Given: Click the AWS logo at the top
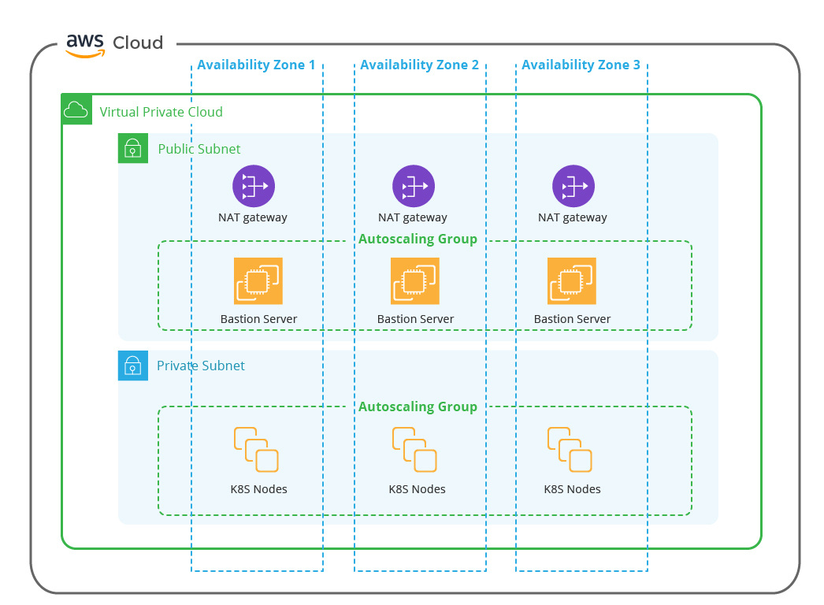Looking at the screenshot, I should pos(85,45).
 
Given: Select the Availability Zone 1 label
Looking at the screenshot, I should pos(256,65).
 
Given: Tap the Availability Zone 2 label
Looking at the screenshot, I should pos(419,65).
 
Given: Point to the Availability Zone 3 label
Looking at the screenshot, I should pos(581,65).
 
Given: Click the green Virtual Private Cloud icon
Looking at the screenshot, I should pos(76,109).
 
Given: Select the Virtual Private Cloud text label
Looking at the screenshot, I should pos(161,112).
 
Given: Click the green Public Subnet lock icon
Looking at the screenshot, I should pos(133,148).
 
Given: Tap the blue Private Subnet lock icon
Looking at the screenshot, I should pos(133,366).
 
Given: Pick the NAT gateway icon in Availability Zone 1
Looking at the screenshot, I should pos(253,187).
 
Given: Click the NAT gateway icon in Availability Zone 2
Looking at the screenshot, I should pos(414,187).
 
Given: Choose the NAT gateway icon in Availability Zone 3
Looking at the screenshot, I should pos(573,187).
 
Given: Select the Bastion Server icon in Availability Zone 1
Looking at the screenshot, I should pos(258,280).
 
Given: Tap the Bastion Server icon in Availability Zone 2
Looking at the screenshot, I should pos(415,280).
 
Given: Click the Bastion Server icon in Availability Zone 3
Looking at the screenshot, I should pos(572,280).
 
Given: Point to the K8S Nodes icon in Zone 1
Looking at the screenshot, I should pos(256,450).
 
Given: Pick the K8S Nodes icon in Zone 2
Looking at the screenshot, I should pos(414,450).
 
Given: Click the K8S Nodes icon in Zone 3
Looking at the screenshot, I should pos(570,450).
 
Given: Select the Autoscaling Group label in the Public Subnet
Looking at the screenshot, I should pos(418,239).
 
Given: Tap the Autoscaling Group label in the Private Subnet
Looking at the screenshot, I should pos(418,407).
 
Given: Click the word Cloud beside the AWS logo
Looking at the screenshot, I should pos(138,43).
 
